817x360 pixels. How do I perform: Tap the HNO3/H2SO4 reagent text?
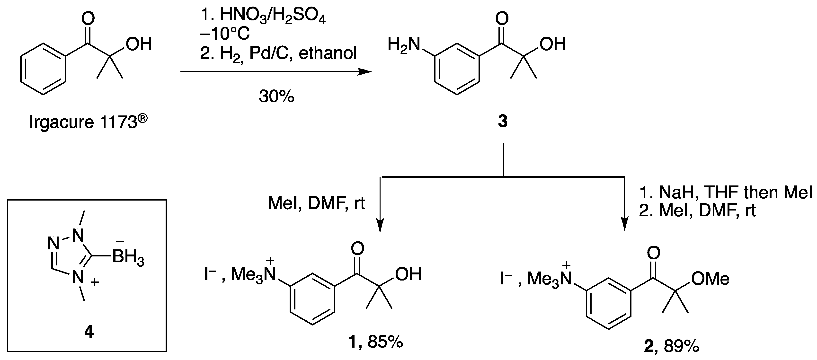tap(273, 15)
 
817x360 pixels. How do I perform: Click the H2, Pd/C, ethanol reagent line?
tap(278, 53)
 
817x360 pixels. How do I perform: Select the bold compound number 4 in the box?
tap(89, 332)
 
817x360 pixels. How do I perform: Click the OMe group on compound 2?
tap(710, 279)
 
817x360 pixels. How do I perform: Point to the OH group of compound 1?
tap(408, 274)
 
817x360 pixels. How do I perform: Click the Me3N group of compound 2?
tap(549, 279)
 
